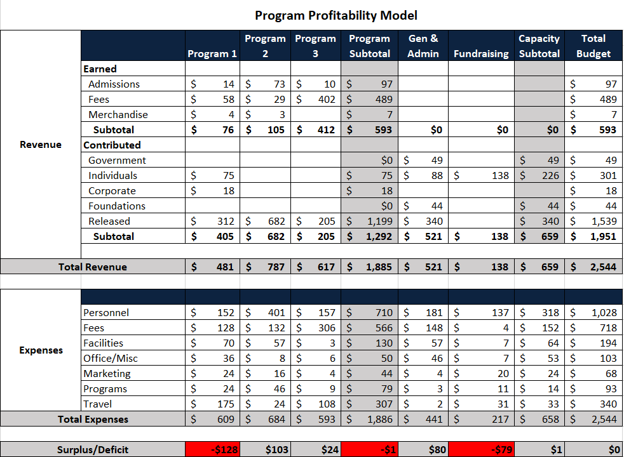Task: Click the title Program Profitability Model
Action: pyautogui.click(x=336, y=15)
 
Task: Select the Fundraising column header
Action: pyautogui.click(x=481, y=54)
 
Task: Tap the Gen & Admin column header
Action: pyautogui.click(x=423, y=46)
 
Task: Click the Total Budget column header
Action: pyautogui.click(x=593, y=46)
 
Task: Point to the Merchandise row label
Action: pyautogui.click(x=118, y=115)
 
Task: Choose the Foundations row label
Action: pyautogui.click(x=117, y=206)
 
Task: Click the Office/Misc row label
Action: pyautogui.click(x=111, y=359)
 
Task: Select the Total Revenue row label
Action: pyautogui.click(x=93, y=267)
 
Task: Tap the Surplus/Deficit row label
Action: pyautogui.click(x=93, y=450)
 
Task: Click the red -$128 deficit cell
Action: pyautogui.click(x=212, y=450)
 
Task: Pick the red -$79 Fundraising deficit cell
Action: pyautogui.click(x=481, y=450)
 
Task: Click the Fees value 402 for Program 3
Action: pyautogui.click(x=326, y=100)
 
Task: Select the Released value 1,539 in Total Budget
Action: pyautogui.click(x=603, y=222)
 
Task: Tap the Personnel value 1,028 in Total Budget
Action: pyautogui.click(x=603, y=313)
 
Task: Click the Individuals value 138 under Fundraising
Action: pyautogui.click(x=499, y=176)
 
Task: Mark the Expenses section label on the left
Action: pyautogui.click(x=41, y=350)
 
